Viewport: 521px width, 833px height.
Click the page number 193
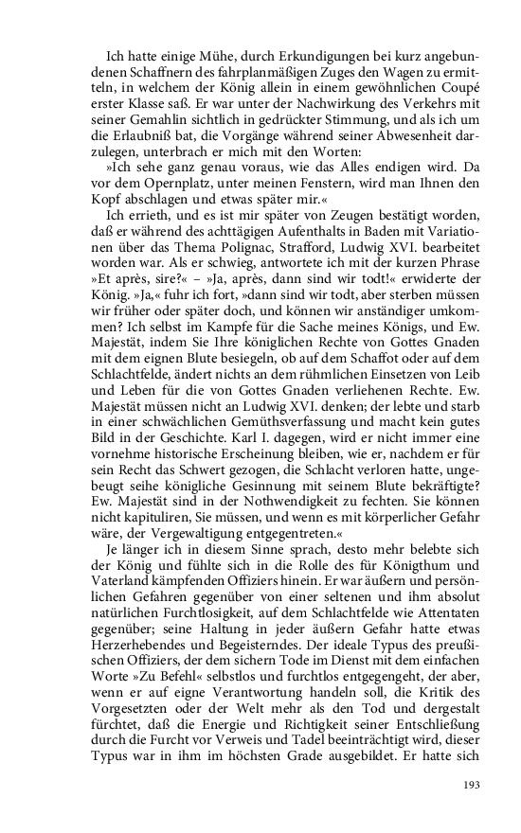coord(471,785)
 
